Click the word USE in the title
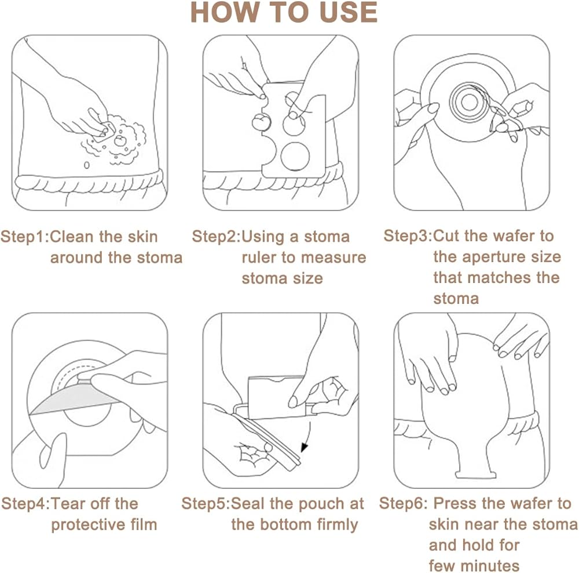348,12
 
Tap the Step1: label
25,237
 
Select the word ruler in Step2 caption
259,258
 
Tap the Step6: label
403,503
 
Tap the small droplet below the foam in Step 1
86,165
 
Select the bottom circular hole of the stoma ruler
295,157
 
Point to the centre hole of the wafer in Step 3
470,103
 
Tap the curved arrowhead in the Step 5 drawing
305,447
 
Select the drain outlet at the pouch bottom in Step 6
475,474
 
